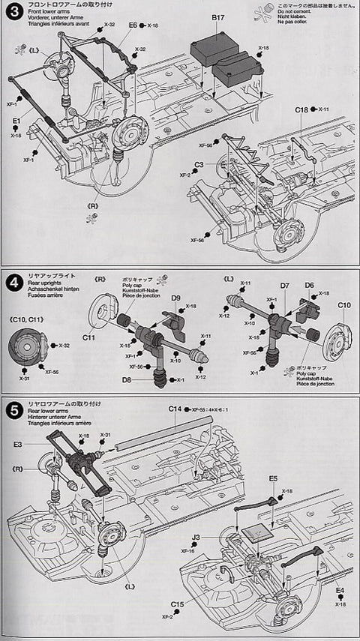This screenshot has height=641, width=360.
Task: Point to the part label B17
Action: pos(219,16)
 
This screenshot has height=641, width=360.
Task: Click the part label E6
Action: pos(133,25)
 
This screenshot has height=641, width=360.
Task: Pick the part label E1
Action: pos(16,121)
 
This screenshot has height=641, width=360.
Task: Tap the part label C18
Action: pos(301,109)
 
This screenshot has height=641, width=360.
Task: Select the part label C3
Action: pos(199,164)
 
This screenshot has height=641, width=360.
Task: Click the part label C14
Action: pos(175,409)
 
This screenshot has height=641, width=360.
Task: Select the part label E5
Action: pos(273,478)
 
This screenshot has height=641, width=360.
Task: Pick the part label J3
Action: pos(195,536)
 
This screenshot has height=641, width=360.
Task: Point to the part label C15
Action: pos(177,604)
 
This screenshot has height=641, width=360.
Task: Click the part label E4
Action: pos(340,590)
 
